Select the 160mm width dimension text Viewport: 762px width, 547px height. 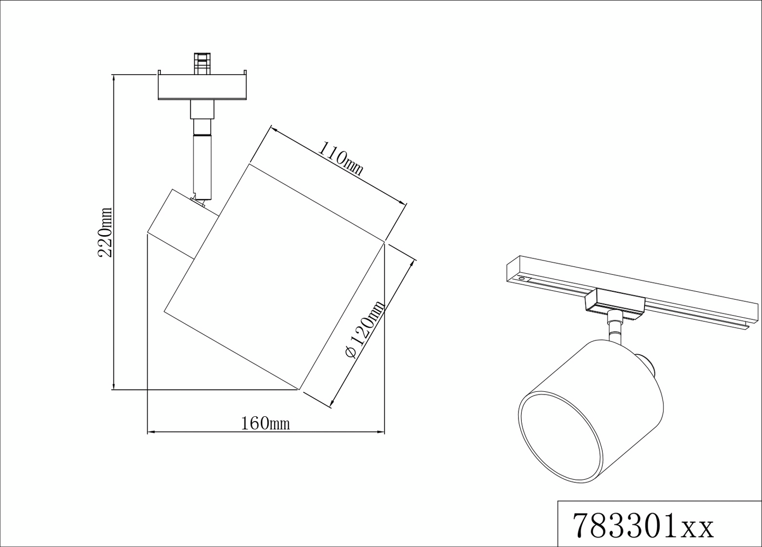pos(265,424)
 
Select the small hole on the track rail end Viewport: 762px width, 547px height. pos(522,278)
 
